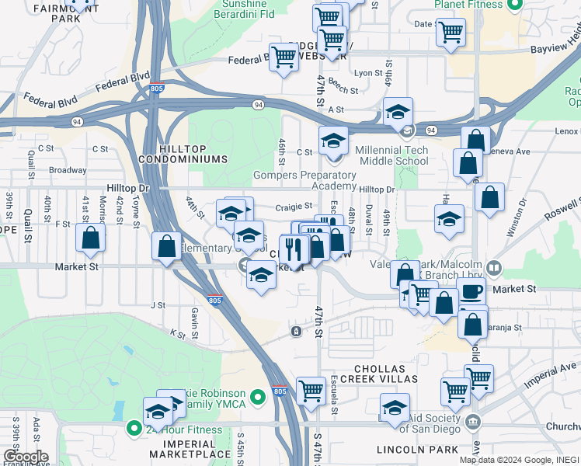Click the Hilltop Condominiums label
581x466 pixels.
[x=183, y=153]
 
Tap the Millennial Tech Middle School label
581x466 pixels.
[x=391, y=155]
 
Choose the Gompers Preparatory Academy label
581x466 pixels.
[x=304, y=180]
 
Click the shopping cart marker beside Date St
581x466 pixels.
[x=451, y=33]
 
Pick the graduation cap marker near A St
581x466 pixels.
[x=398, y=112]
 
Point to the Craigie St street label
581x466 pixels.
[x=293, y=207]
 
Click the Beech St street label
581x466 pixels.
[x=343, y=90]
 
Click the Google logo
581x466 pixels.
[x=25, y=456]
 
